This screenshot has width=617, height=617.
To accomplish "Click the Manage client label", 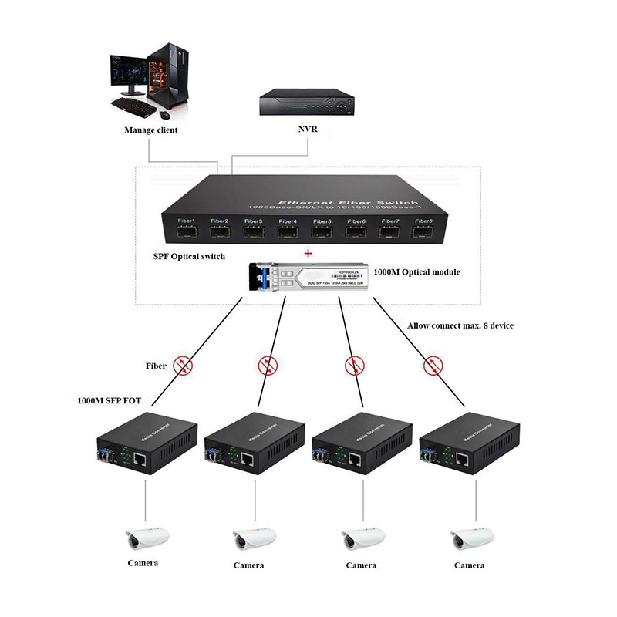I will [x=151, y=130].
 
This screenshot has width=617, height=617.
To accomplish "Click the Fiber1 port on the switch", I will [x=186, y=231].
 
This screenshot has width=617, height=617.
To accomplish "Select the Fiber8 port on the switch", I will [x=423, y=230].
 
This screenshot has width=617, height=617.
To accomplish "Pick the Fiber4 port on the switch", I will [x=288, y=231].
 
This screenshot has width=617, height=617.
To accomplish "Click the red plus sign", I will [x=308, y=253].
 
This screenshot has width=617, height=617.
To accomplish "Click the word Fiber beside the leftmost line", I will [x=157, y=365].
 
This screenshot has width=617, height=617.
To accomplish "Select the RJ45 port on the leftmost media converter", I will [x=143, y=458].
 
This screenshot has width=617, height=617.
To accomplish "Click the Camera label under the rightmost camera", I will [x=469, y=565].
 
